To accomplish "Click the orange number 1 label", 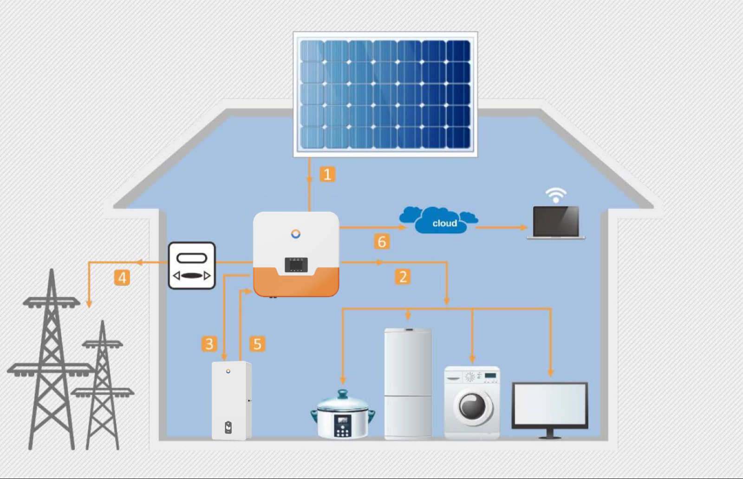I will [x=327, y=175].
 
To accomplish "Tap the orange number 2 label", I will [x=403, y=277].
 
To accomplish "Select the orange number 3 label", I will [x=209, y=344].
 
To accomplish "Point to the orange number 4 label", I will [x=122, y=278].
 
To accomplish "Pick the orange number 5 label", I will [x=257, y=344].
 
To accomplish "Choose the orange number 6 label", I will [x=382, y=242].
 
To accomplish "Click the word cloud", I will [x=444, y=223].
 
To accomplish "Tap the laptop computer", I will [x=556, y=223].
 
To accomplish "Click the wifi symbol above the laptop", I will [x=556, y=195].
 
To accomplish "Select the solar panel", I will [x=385, y=94].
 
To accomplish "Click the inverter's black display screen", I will [x=296, y=265].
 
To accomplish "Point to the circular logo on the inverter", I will [x=296, y=234].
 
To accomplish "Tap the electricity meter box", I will [x=192, y=266].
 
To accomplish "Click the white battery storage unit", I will [x=231, y=400].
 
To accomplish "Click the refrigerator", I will [x=408, y=383].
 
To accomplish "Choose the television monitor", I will [x=550, y=406].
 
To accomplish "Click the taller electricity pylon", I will [x=52, y=362].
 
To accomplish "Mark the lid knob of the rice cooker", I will [x=343, y=394].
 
